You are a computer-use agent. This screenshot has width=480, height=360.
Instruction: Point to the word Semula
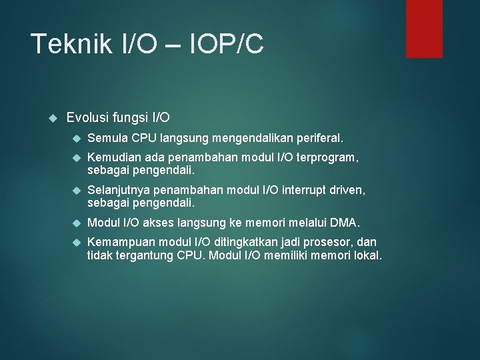(x=108, y=139)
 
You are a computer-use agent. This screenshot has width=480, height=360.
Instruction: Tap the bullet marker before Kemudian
(x=75, y=158)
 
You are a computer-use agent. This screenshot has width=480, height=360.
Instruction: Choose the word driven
(x=349, y=191)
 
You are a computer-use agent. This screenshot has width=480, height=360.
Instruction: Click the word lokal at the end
(x=367, y=255)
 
